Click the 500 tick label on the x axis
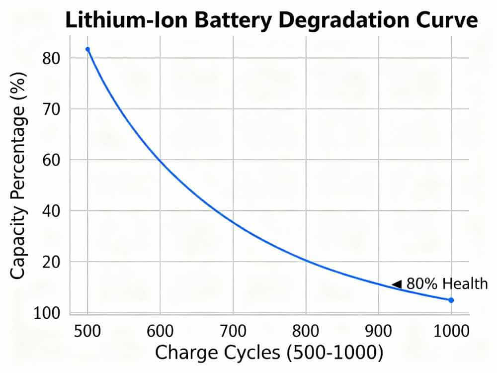[87, 330]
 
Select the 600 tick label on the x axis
[160, 330]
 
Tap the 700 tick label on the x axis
[233, 330]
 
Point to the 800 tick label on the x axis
[306, 330]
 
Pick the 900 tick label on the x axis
[379, 330]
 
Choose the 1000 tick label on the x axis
[451, 330]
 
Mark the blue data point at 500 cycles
[87, 49]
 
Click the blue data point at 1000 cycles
[451, 300]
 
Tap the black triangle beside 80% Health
[397, 284]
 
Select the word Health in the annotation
[465, 284]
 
